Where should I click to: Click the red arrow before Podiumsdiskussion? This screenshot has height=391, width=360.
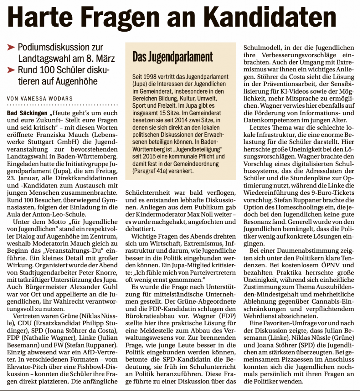tap(11, 48)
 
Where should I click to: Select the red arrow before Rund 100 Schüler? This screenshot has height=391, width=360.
tap(11, 70)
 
